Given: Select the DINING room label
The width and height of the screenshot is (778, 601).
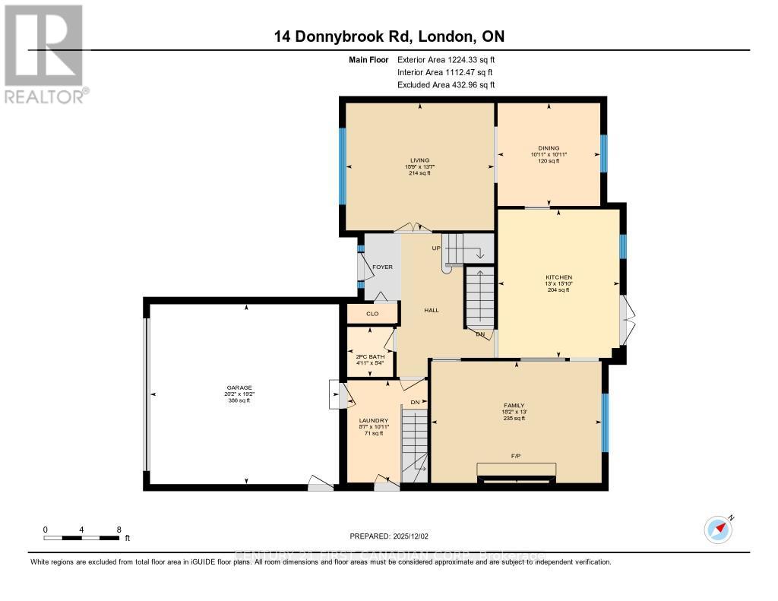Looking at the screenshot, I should coord(549,148).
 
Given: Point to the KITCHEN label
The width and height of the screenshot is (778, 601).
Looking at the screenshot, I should coord(558,277).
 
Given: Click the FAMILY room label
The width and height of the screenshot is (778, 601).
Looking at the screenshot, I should coord(514,406).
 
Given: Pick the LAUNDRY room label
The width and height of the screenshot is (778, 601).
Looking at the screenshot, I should coord(374,420).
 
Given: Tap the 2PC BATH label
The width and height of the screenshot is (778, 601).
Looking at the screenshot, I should coord(371,356).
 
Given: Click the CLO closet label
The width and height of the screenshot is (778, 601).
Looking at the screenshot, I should coord(372,313).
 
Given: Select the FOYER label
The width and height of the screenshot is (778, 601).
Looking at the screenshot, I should coord(382,267).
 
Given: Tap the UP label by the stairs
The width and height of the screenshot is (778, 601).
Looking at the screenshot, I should coord(436,248).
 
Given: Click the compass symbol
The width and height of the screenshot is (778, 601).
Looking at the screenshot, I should coord(718,530).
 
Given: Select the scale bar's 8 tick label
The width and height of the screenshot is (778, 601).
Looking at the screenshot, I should coord(119,529).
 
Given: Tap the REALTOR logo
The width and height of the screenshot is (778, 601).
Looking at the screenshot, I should coord(46,53).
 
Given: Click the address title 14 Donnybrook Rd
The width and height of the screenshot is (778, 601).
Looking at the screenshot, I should coord(390,36).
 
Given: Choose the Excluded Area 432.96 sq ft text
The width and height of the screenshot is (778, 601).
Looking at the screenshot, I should coord(445,85).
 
